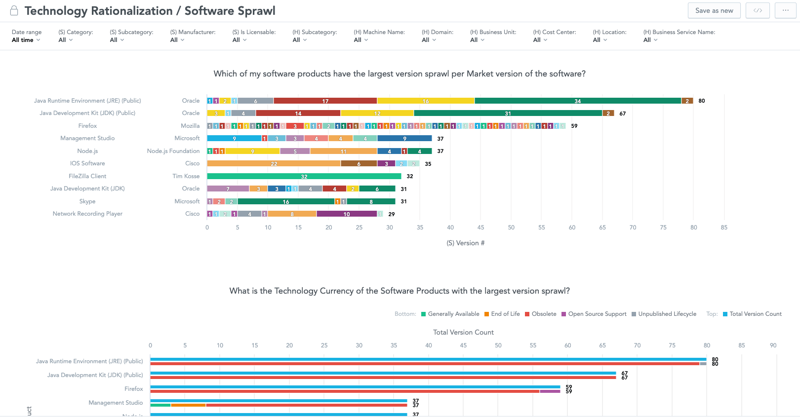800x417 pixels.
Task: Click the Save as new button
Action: [714, 10]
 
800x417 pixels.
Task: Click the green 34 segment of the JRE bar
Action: [577, 101]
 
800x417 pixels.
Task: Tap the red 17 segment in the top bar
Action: [325, 101]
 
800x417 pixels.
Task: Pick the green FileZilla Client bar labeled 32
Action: [304, 176]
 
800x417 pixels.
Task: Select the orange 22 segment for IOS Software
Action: [274, 163]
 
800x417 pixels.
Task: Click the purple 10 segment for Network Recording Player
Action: [347, 214]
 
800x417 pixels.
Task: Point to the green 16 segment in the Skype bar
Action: [285, 201]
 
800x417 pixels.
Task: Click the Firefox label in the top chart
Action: [87, 126]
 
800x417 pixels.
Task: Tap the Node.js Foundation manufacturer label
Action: [173, 151]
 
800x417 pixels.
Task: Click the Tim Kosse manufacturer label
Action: [186, 176]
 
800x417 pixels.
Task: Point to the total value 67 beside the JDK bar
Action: [623, 114]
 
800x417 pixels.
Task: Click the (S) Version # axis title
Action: [465, 243]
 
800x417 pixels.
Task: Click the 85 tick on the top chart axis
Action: [724, 227]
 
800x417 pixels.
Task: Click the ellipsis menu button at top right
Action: [785, 10]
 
